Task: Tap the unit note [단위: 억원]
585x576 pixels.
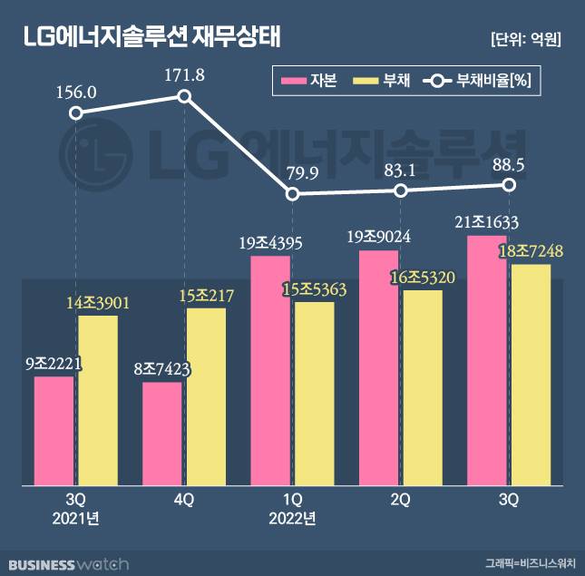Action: [525, 40]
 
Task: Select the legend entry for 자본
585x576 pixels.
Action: [309, 81]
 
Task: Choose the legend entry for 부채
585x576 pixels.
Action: [386, 81]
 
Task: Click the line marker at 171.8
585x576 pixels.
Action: [184, 96]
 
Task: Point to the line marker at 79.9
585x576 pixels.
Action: [292, 194]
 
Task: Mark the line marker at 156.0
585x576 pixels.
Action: [76, 113]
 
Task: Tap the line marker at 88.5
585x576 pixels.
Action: [510, 185]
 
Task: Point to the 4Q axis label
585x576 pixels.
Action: [184, 500]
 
